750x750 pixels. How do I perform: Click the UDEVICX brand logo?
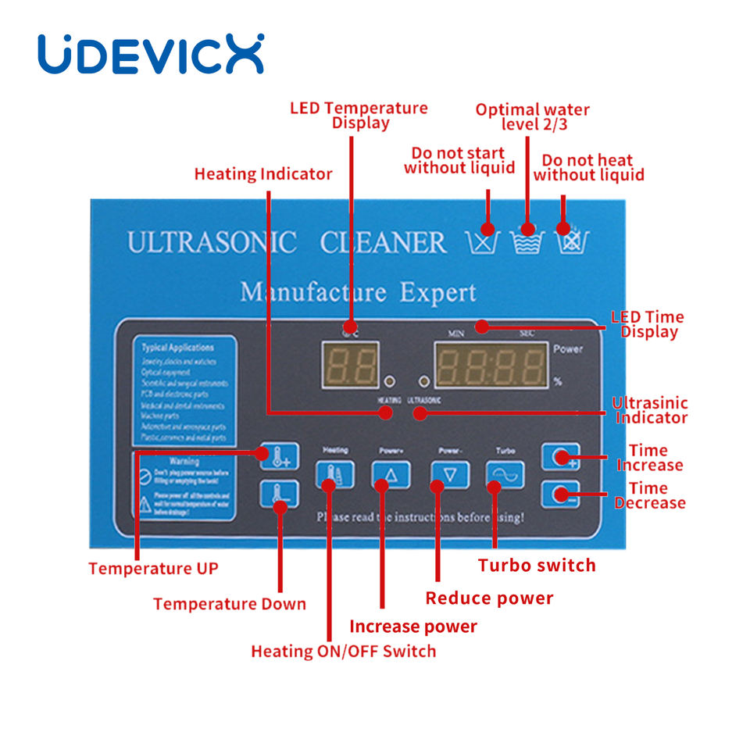click(x=151, y=54)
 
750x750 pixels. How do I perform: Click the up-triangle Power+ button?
click(x=391, y=473)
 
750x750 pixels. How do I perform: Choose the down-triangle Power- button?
click(x=450, y=473)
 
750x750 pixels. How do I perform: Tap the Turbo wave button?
click(x=505, y=473)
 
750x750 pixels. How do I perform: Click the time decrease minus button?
click(x=560, y=495)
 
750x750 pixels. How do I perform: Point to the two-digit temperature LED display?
click(x=352, y=365)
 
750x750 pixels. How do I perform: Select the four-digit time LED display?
click(x=490, y=365)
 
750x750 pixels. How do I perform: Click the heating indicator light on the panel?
click(x=389, y=381)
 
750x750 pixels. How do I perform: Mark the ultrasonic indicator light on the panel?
click(x=424, y=381)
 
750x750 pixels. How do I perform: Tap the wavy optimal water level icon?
click(x=527, y=241)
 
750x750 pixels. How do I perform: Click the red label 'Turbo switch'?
click(x=537, y=565)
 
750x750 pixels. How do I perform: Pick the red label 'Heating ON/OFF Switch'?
click(x=343, y=651)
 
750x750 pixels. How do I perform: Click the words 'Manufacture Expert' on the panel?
click(x=358, y=293)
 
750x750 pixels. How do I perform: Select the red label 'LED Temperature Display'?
click(x=359, y=115)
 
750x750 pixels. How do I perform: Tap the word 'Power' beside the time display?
click(x=567, y=349)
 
